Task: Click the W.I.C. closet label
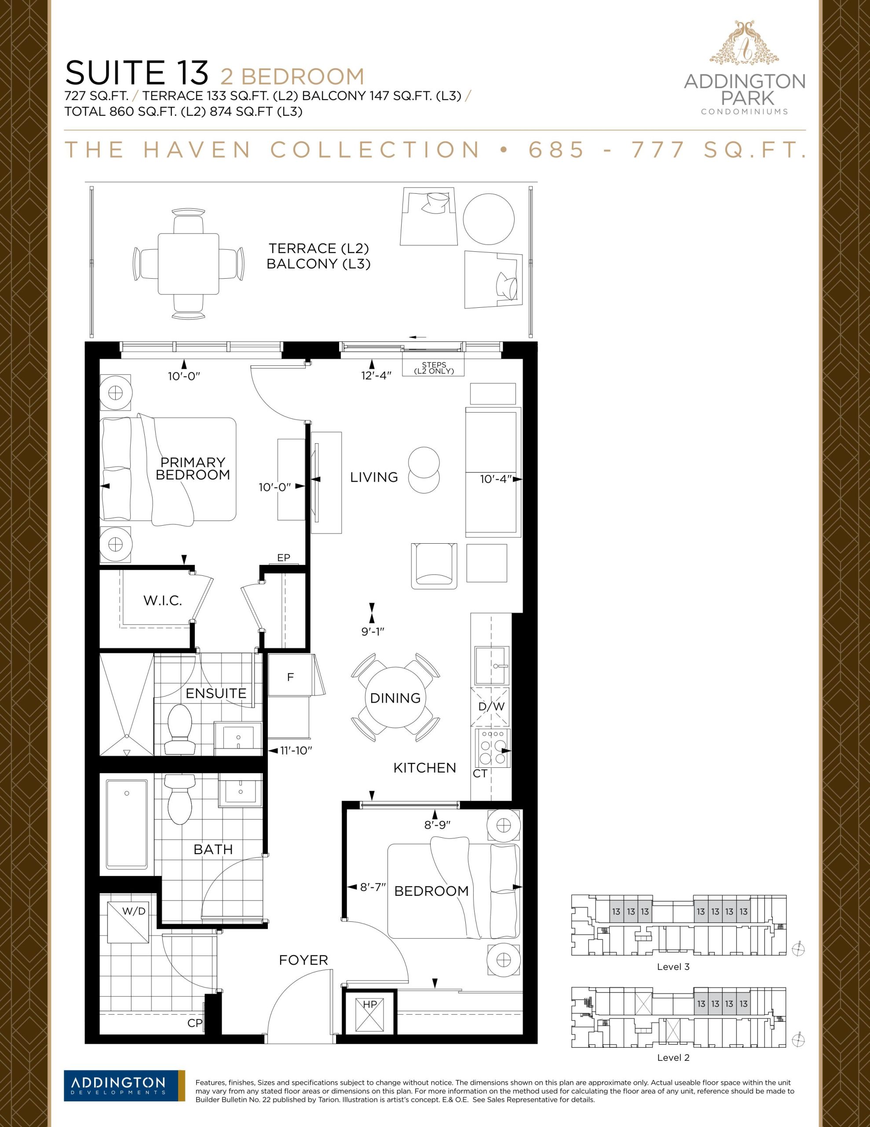[x=162, y=600]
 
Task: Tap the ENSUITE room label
[x=216, y=693]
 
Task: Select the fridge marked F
[x=290, y=677]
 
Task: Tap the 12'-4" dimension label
[x=376, y=376]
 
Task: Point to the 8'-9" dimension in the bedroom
[x=437, y=825]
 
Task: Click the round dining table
[x=395, y=698]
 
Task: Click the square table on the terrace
[x=188, y=264]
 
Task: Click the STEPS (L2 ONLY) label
[x=434, y=368]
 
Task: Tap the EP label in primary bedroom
[x=284, y=557]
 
